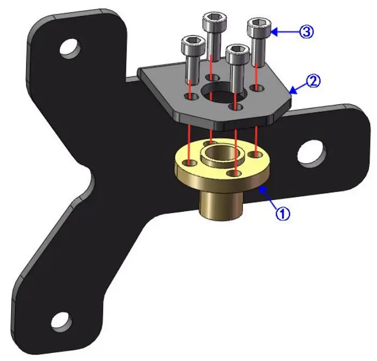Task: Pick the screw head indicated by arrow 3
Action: pos(259,25)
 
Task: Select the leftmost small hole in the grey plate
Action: pos(191,96)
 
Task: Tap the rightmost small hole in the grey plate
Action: pos(258,87)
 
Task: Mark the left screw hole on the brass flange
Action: pos(189,163)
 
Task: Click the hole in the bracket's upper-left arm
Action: pos(69,49)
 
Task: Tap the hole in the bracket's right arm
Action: pos(311,153)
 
